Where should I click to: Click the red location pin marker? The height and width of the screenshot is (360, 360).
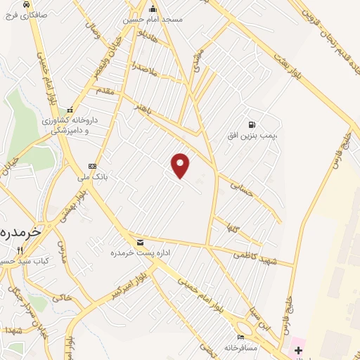[181, 165]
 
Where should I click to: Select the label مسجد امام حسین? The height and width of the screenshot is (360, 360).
[153, 20]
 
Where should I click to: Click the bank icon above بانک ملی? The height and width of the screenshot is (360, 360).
[91, 167]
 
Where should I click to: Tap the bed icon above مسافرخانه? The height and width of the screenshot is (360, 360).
[241, 337]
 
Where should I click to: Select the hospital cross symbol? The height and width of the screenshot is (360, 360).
[298, 349]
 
